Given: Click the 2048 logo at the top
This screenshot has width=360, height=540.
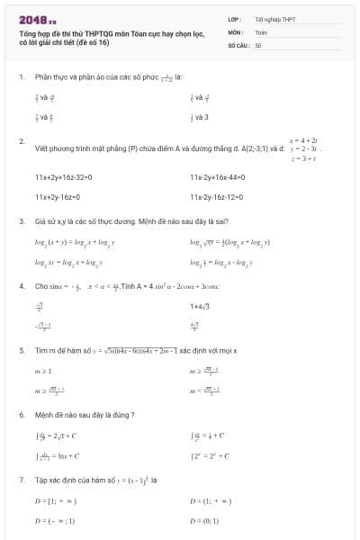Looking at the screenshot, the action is click(38, 18).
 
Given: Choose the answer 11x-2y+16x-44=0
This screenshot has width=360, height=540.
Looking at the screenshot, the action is click(222, 178).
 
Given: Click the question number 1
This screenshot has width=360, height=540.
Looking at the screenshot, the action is click(21, 77).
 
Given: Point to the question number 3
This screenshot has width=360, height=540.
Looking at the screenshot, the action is click(21, 220).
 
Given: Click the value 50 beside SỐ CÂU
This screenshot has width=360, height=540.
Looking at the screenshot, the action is click(258, 44).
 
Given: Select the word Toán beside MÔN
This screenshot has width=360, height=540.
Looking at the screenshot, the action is click(261, 31).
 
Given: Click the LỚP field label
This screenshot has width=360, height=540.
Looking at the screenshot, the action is click(234, 18).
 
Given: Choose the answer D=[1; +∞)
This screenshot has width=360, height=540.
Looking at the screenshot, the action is click(56, 500).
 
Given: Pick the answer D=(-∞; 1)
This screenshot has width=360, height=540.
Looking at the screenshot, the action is click(55, 520).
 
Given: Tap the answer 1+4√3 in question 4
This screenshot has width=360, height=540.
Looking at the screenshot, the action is click(202, 308).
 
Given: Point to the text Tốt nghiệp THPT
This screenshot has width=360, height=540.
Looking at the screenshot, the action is click(275, 18).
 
